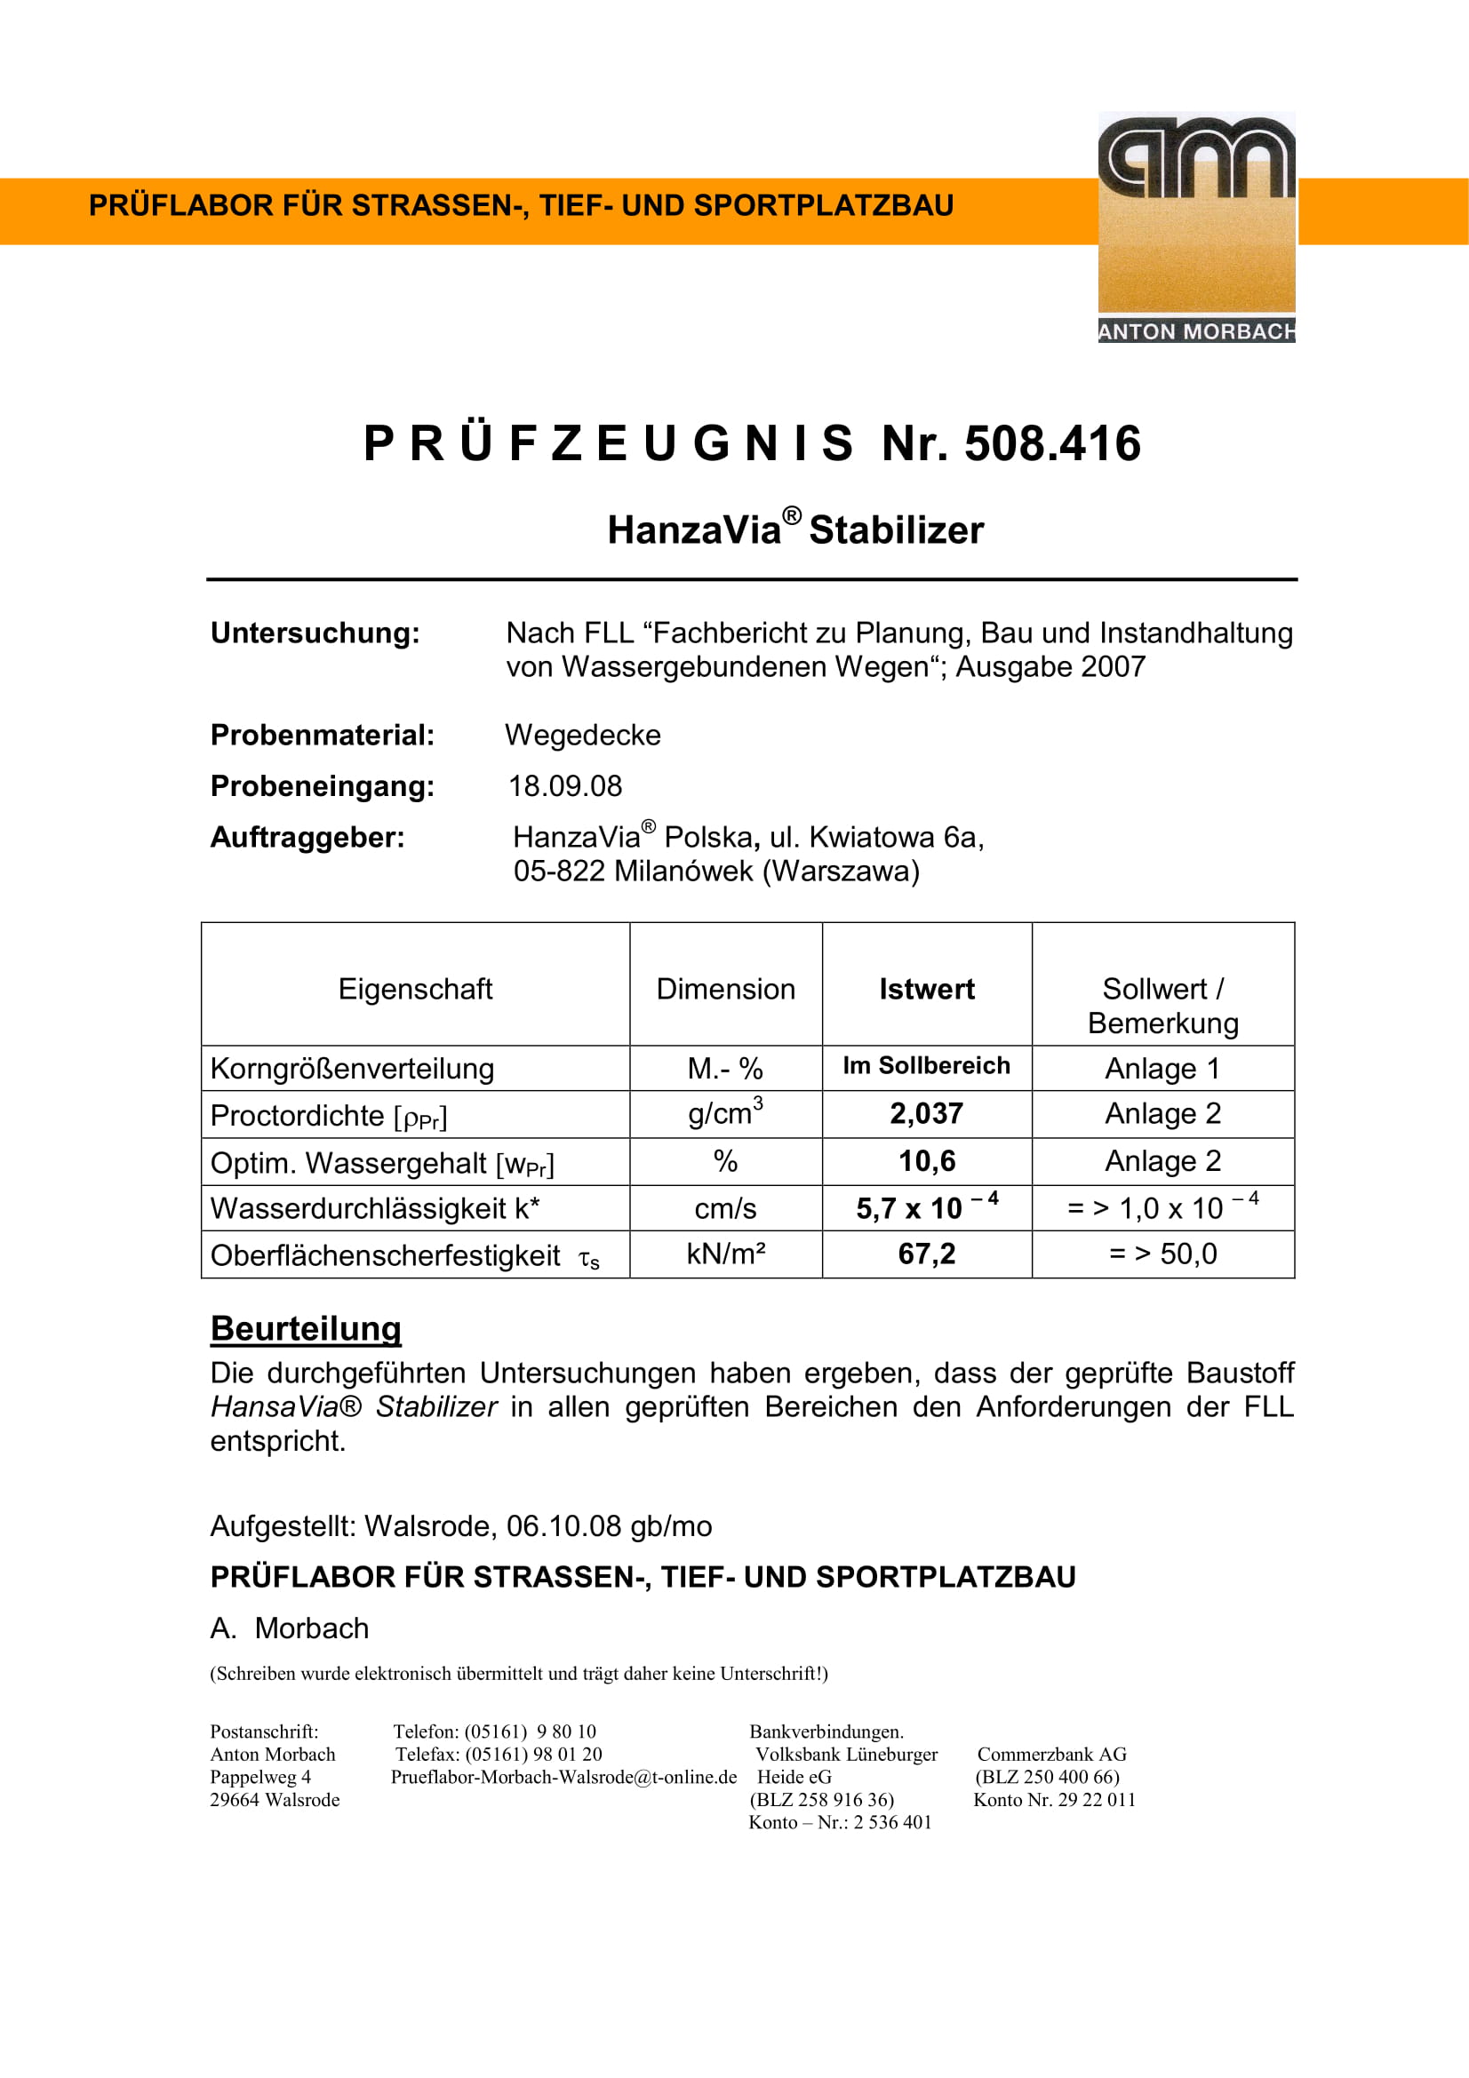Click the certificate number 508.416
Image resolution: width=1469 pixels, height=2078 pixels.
pyautogui.click(x=1051, y=443)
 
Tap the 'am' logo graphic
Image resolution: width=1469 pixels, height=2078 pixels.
pyautogui.click(x=1195, y=158)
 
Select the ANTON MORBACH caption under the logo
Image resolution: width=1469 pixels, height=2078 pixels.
pyautogui.click(x=1195, y=331)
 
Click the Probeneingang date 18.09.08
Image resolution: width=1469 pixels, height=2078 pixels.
pyautogui.click(x=565, y=785)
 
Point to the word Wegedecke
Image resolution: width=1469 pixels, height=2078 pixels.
pyautogui.click(x=582, y=734)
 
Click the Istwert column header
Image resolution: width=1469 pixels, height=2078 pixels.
pyautogui.click(x=926, y=988)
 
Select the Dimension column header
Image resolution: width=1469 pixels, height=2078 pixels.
pyautogui.click(x=725, y=988)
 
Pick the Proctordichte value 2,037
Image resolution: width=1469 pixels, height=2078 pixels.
pyautogui.click(x=926, y=1113)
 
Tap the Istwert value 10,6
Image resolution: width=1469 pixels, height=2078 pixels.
pyautogui.click(x=926, y=1160)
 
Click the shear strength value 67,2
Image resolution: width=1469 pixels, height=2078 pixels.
pyautogui.click(x=926, y=1254)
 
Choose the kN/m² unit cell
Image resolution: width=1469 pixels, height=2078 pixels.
pyautogui.click(x=725, y=1254)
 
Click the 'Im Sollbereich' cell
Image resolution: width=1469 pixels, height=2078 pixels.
pyautogui.click(x=926, y=1065)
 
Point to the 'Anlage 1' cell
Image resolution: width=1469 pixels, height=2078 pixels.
pyautogui.click(x=1162, y=1068)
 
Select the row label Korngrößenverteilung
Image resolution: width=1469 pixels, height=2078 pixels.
pyautogui.click(x=352, y=1068)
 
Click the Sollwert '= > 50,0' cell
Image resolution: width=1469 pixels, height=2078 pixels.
pyautogui.click(x=1162, y=1254)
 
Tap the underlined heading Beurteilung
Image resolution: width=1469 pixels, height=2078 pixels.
pyautogui.click(x=305, y=1327)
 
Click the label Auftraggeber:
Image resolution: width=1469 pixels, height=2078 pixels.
pyautogui.click(x=307, y=837)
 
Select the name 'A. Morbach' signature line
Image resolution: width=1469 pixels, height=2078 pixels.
pyautogui.click(x=290, y=1628)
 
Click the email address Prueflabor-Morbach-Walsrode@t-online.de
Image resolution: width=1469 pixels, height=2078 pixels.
pyautogui.click(x=563, y=1777)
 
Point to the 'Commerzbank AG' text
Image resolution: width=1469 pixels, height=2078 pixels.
pyautogui.click(x=1050, y=1754)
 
